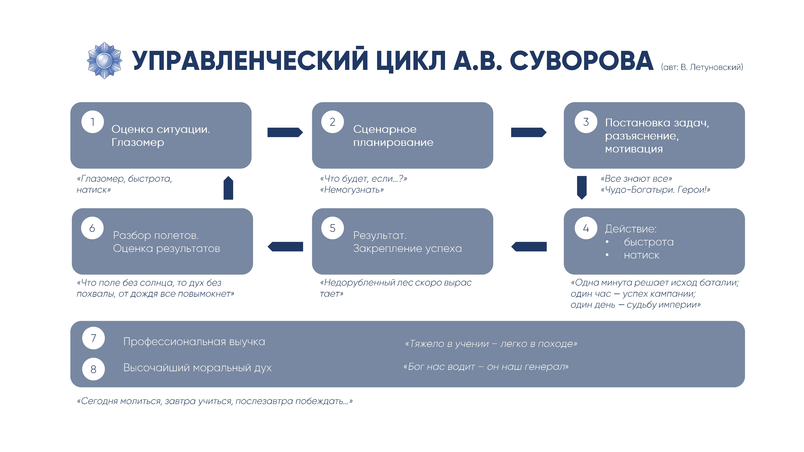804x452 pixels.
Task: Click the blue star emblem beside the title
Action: pos(104,60)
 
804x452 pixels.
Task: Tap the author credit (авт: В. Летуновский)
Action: pos(702,67)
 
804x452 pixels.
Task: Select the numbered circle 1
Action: pos(92,122)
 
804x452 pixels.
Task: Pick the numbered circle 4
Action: pos(586,228)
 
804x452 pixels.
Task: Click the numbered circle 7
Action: pos(93,338)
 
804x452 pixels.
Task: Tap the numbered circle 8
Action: pos(93,369)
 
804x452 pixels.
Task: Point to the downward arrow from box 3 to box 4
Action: pos(582,187)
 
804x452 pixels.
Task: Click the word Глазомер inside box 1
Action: pos(138,143)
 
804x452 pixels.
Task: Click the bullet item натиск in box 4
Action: pos(641,255)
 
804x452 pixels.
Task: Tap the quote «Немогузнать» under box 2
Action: pos(352,190)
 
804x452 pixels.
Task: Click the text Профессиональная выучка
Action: pos(194,342)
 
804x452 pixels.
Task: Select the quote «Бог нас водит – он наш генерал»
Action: pos(486,367)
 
